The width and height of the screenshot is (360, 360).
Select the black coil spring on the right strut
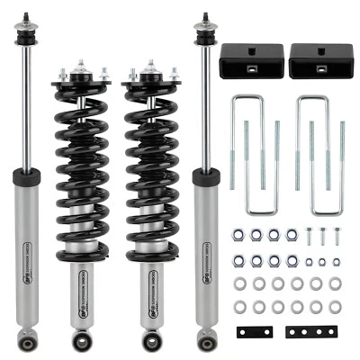coord(148,162)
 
